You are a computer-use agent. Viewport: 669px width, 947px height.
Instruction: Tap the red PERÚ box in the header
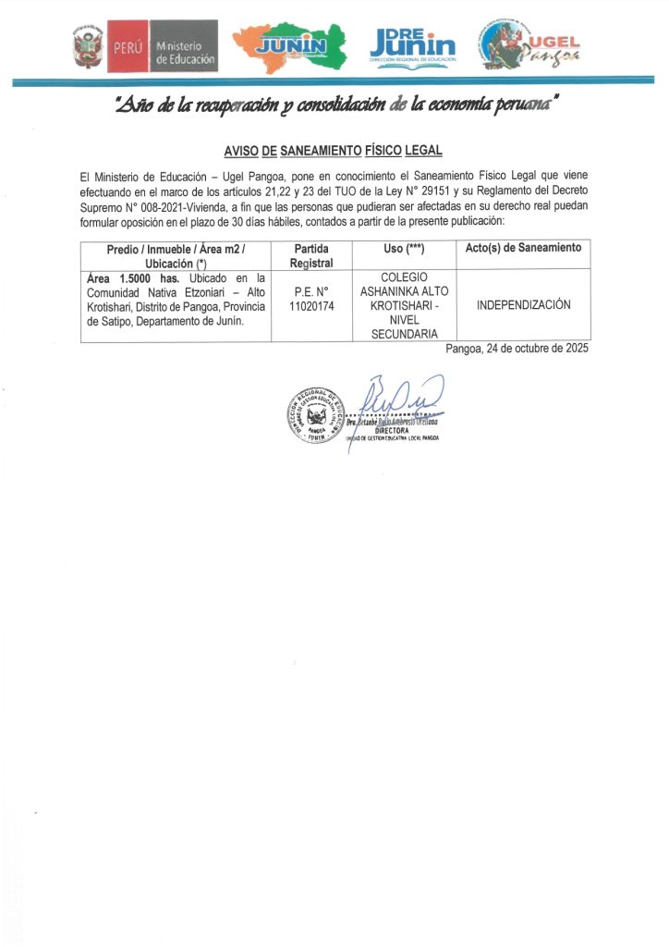coord(127,47)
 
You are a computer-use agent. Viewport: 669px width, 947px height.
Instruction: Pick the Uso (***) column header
coord(404,249)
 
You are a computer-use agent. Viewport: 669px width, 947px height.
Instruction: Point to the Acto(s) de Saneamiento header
coord(523,248)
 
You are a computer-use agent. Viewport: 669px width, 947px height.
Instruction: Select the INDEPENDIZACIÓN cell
coord(523,305)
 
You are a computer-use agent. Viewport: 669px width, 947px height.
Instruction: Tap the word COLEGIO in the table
coord(404,277)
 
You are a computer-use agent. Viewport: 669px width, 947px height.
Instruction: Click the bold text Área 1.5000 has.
coord(138,278)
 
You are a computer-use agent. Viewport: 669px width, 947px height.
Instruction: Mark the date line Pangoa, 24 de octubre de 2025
coord(516,350)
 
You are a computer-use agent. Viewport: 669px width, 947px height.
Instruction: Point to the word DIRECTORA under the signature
coord(392,430)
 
